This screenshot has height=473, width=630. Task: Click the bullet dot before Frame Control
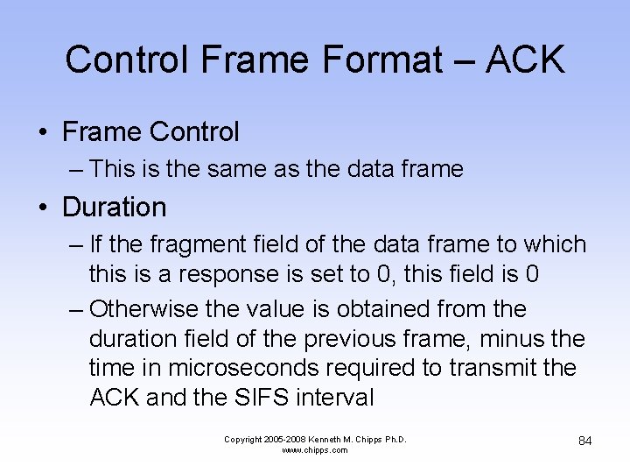click(43, 133)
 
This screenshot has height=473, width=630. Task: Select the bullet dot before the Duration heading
click(43, 208)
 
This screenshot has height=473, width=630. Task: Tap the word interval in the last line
click(336, 398)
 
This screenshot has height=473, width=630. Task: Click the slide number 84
click(585, 441)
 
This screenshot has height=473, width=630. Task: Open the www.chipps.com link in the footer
click(315, 450)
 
